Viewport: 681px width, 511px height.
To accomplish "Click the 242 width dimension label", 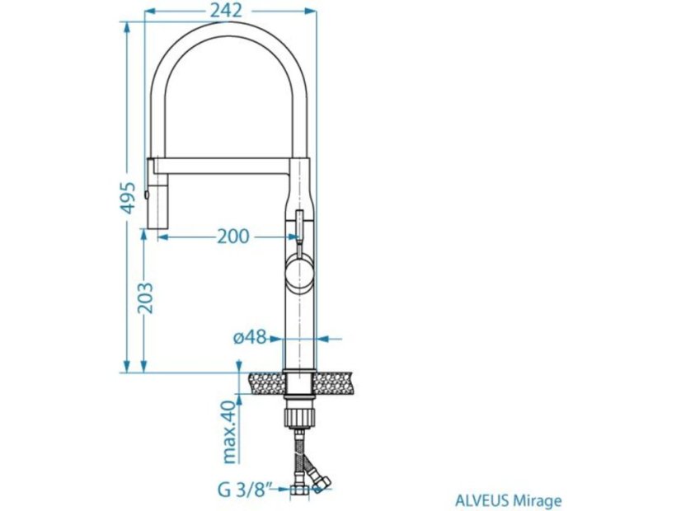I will point(226,11).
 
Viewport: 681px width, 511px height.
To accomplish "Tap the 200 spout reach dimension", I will point(232,236).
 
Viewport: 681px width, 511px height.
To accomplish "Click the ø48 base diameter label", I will point(250,337).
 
